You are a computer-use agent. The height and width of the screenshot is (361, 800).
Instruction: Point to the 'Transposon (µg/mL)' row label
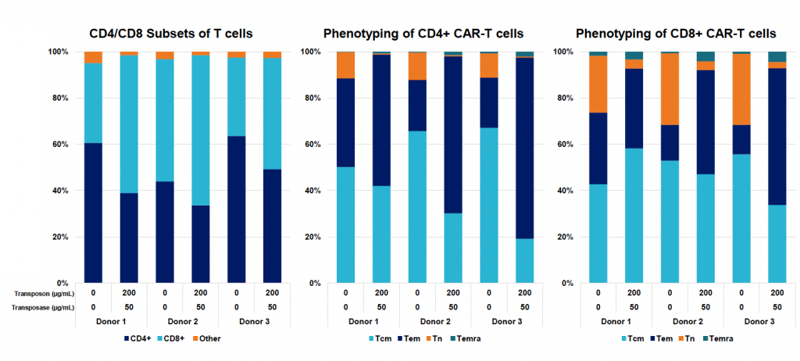pos(42,294)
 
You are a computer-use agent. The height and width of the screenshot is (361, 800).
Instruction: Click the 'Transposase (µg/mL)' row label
pos(42,308)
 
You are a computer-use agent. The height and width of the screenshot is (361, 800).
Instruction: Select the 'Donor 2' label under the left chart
pos(183,322)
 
